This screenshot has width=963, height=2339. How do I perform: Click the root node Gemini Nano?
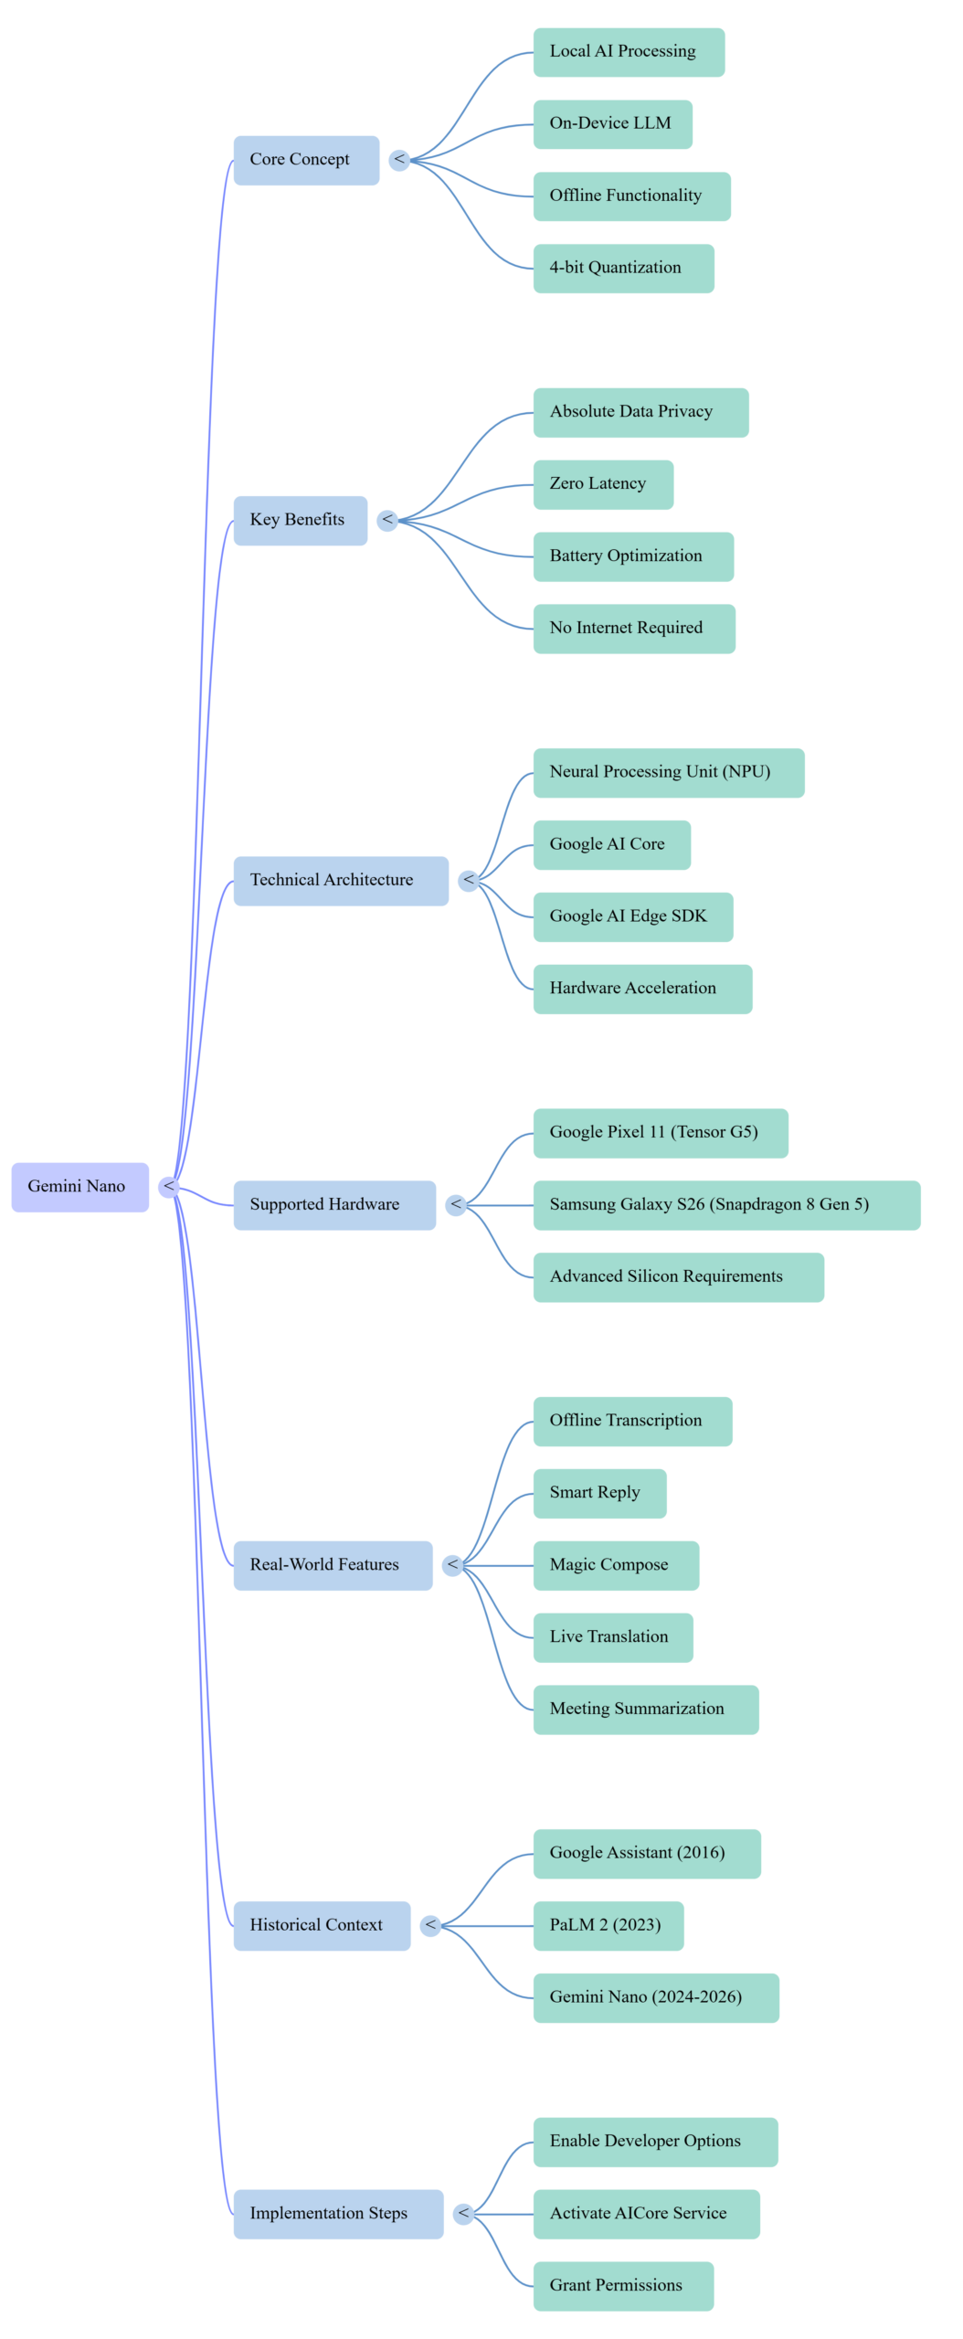click(79, 1187)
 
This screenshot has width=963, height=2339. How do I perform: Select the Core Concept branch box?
click(306, 160)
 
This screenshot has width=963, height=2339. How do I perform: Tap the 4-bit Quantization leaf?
click(623, 268)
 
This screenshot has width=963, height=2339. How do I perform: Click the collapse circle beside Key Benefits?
click(387, 520)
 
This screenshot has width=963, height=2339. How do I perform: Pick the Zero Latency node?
click(603, 484)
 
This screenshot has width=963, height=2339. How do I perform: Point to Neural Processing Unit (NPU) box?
click(668, 772)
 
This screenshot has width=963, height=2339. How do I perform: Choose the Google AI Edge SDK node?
click(632, 916)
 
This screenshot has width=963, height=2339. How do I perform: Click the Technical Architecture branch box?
click(340, 881)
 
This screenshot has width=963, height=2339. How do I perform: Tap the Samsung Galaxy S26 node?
click(726, 1204)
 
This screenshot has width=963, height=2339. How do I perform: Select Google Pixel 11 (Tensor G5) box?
click(660, 1133)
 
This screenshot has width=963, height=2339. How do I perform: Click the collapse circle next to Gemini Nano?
click(168, 1186)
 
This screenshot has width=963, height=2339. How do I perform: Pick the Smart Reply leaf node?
click(599, 1493)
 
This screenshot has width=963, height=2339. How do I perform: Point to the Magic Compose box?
click(616, 1565)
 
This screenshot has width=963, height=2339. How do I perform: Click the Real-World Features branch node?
click(333, 1565)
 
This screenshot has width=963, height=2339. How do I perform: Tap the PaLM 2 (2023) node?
click(608, 1925)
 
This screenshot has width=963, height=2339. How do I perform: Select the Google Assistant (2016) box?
click(646, 1853)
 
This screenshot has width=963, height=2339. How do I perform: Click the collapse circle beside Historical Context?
click(430, 1925)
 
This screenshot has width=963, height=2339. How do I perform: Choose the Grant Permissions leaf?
click(622, 2285)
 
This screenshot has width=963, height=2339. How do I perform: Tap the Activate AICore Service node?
click(646, 2213)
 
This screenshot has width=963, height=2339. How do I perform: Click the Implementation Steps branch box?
click(338, 2213)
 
